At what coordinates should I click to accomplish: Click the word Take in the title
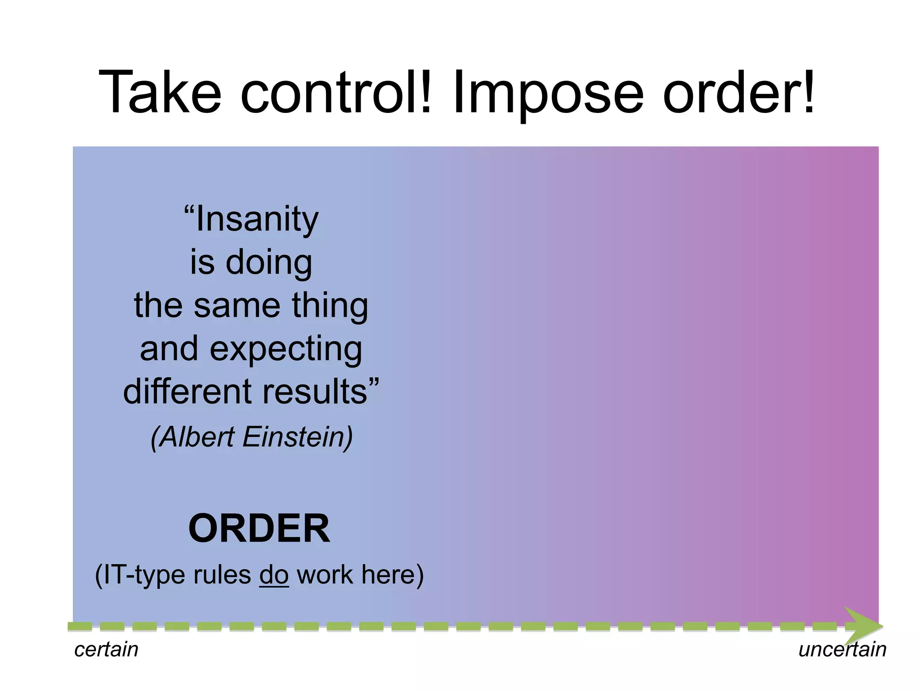160,93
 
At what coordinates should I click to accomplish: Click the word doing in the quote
268,262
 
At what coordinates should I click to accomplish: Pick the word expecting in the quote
286,350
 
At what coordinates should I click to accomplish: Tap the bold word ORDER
259,529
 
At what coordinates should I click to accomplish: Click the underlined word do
273,575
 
